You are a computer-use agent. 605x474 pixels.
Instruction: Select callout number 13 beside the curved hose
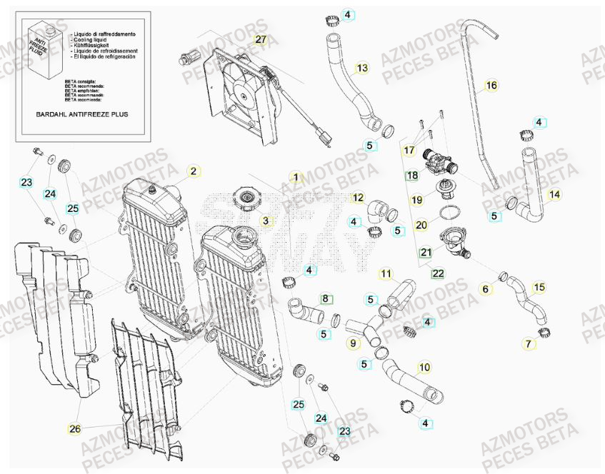[362, 68]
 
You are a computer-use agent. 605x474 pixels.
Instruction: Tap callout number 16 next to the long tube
[491, 86]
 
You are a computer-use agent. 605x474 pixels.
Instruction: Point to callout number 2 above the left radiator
[193, 171]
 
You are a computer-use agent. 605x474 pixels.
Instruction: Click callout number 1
[296, 176]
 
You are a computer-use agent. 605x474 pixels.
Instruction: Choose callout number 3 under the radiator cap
[266, 221]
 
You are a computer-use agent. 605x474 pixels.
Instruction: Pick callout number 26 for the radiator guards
[74, 429]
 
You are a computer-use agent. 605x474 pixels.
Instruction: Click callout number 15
[540, 287]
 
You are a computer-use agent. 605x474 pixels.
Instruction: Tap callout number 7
[529, 343]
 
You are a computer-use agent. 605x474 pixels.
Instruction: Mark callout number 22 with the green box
[436, 273]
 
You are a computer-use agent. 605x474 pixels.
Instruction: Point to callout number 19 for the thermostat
[417, 201]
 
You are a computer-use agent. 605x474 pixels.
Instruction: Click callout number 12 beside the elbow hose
[358, 198]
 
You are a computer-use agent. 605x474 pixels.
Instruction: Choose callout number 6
[486, 289]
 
